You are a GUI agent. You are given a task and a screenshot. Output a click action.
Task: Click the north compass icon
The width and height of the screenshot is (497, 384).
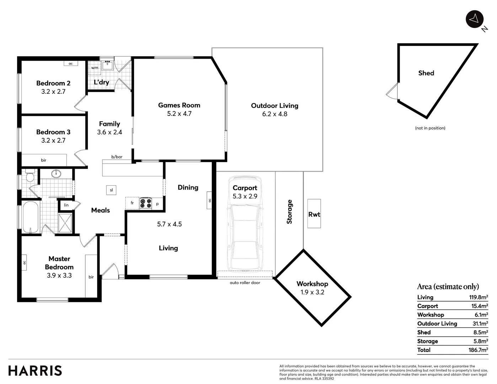474,19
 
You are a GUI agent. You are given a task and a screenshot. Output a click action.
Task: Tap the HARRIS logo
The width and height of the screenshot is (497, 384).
35,370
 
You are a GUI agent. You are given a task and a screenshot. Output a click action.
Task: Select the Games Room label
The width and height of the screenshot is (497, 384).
179,105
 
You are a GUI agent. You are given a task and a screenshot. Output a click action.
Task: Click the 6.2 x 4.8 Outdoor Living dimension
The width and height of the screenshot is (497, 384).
274,114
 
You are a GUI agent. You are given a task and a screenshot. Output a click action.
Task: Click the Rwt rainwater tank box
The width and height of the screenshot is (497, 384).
314,214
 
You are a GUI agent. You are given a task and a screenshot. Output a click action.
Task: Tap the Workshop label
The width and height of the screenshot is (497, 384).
312,284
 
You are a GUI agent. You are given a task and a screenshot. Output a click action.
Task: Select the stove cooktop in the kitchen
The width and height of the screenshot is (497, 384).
145,203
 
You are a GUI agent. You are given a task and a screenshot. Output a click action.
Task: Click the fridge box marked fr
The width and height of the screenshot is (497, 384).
132,203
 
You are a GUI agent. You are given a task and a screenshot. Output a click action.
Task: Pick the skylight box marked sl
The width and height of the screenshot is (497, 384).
111,190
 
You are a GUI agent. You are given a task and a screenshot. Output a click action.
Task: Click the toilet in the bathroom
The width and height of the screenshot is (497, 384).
30,176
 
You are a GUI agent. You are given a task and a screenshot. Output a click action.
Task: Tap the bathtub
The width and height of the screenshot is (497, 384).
31,217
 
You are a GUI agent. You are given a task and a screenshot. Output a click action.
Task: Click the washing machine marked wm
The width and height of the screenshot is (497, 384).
95,68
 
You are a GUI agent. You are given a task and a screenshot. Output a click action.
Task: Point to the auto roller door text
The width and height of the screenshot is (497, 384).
245,283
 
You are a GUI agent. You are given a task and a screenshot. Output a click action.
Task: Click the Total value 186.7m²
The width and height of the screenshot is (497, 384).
478,350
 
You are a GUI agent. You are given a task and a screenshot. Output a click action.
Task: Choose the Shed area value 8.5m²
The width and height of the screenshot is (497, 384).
481,332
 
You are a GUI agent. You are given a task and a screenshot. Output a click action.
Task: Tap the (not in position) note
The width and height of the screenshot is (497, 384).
430,128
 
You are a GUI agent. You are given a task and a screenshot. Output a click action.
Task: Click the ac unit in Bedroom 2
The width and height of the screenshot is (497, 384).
71,63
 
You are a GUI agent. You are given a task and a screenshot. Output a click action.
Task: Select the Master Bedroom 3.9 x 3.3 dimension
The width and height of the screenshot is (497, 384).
59,275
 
